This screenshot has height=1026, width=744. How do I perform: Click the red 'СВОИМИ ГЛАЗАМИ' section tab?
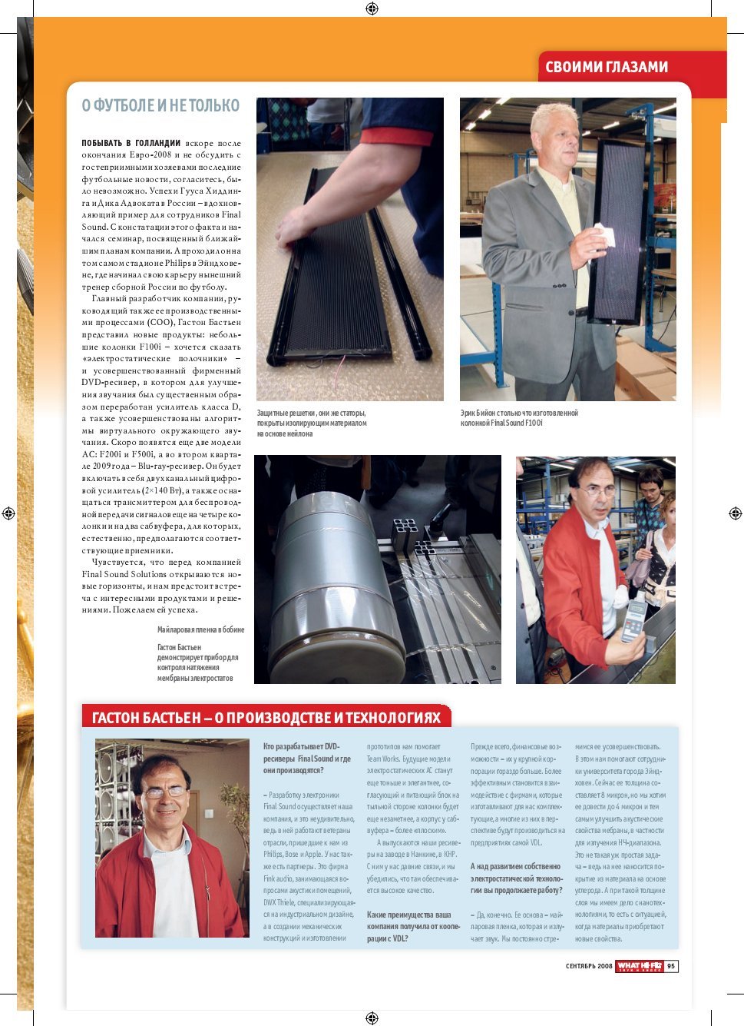tap(607, 68)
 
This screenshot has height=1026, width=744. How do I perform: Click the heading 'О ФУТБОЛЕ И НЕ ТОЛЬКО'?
tap(160, 106)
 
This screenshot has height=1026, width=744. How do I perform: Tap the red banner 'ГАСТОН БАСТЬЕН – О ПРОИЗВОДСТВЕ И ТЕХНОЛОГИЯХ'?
tap(266, 718)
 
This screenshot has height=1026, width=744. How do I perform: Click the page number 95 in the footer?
tap(671, 966)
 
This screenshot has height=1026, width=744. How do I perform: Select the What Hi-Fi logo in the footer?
tap(639, 966)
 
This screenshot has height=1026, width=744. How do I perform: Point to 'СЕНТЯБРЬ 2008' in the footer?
tap(589, 966)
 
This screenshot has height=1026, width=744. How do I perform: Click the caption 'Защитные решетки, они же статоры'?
tap(311, 413)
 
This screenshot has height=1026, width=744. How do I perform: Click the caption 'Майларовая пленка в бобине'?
tap(200, 629)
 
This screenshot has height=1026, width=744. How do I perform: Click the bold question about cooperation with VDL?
tap(413, 926)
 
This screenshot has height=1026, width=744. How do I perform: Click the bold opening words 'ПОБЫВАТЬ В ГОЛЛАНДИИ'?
tap(131, 143)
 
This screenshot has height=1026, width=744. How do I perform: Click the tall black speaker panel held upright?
tap(620, 231)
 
